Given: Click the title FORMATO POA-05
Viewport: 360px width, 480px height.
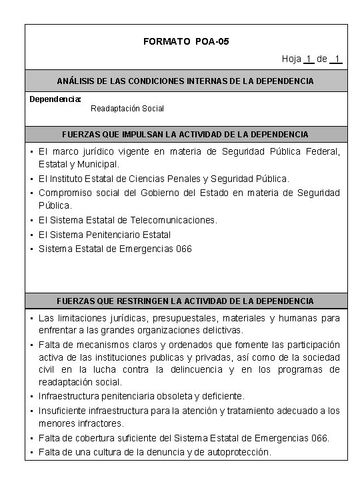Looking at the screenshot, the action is [186, 41].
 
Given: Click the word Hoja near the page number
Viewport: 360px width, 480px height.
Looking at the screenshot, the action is [291, 59].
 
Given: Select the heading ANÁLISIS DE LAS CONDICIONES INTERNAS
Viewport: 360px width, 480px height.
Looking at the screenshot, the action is [185, 81].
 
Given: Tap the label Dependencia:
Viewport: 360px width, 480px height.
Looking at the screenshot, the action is [55, 99].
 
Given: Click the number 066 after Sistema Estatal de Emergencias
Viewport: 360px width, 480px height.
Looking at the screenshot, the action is [183, 249].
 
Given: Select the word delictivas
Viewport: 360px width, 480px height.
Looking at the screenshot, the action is [204, 330].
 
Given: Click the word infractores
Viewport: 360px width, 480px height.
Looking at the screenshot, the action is [100, 423].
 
